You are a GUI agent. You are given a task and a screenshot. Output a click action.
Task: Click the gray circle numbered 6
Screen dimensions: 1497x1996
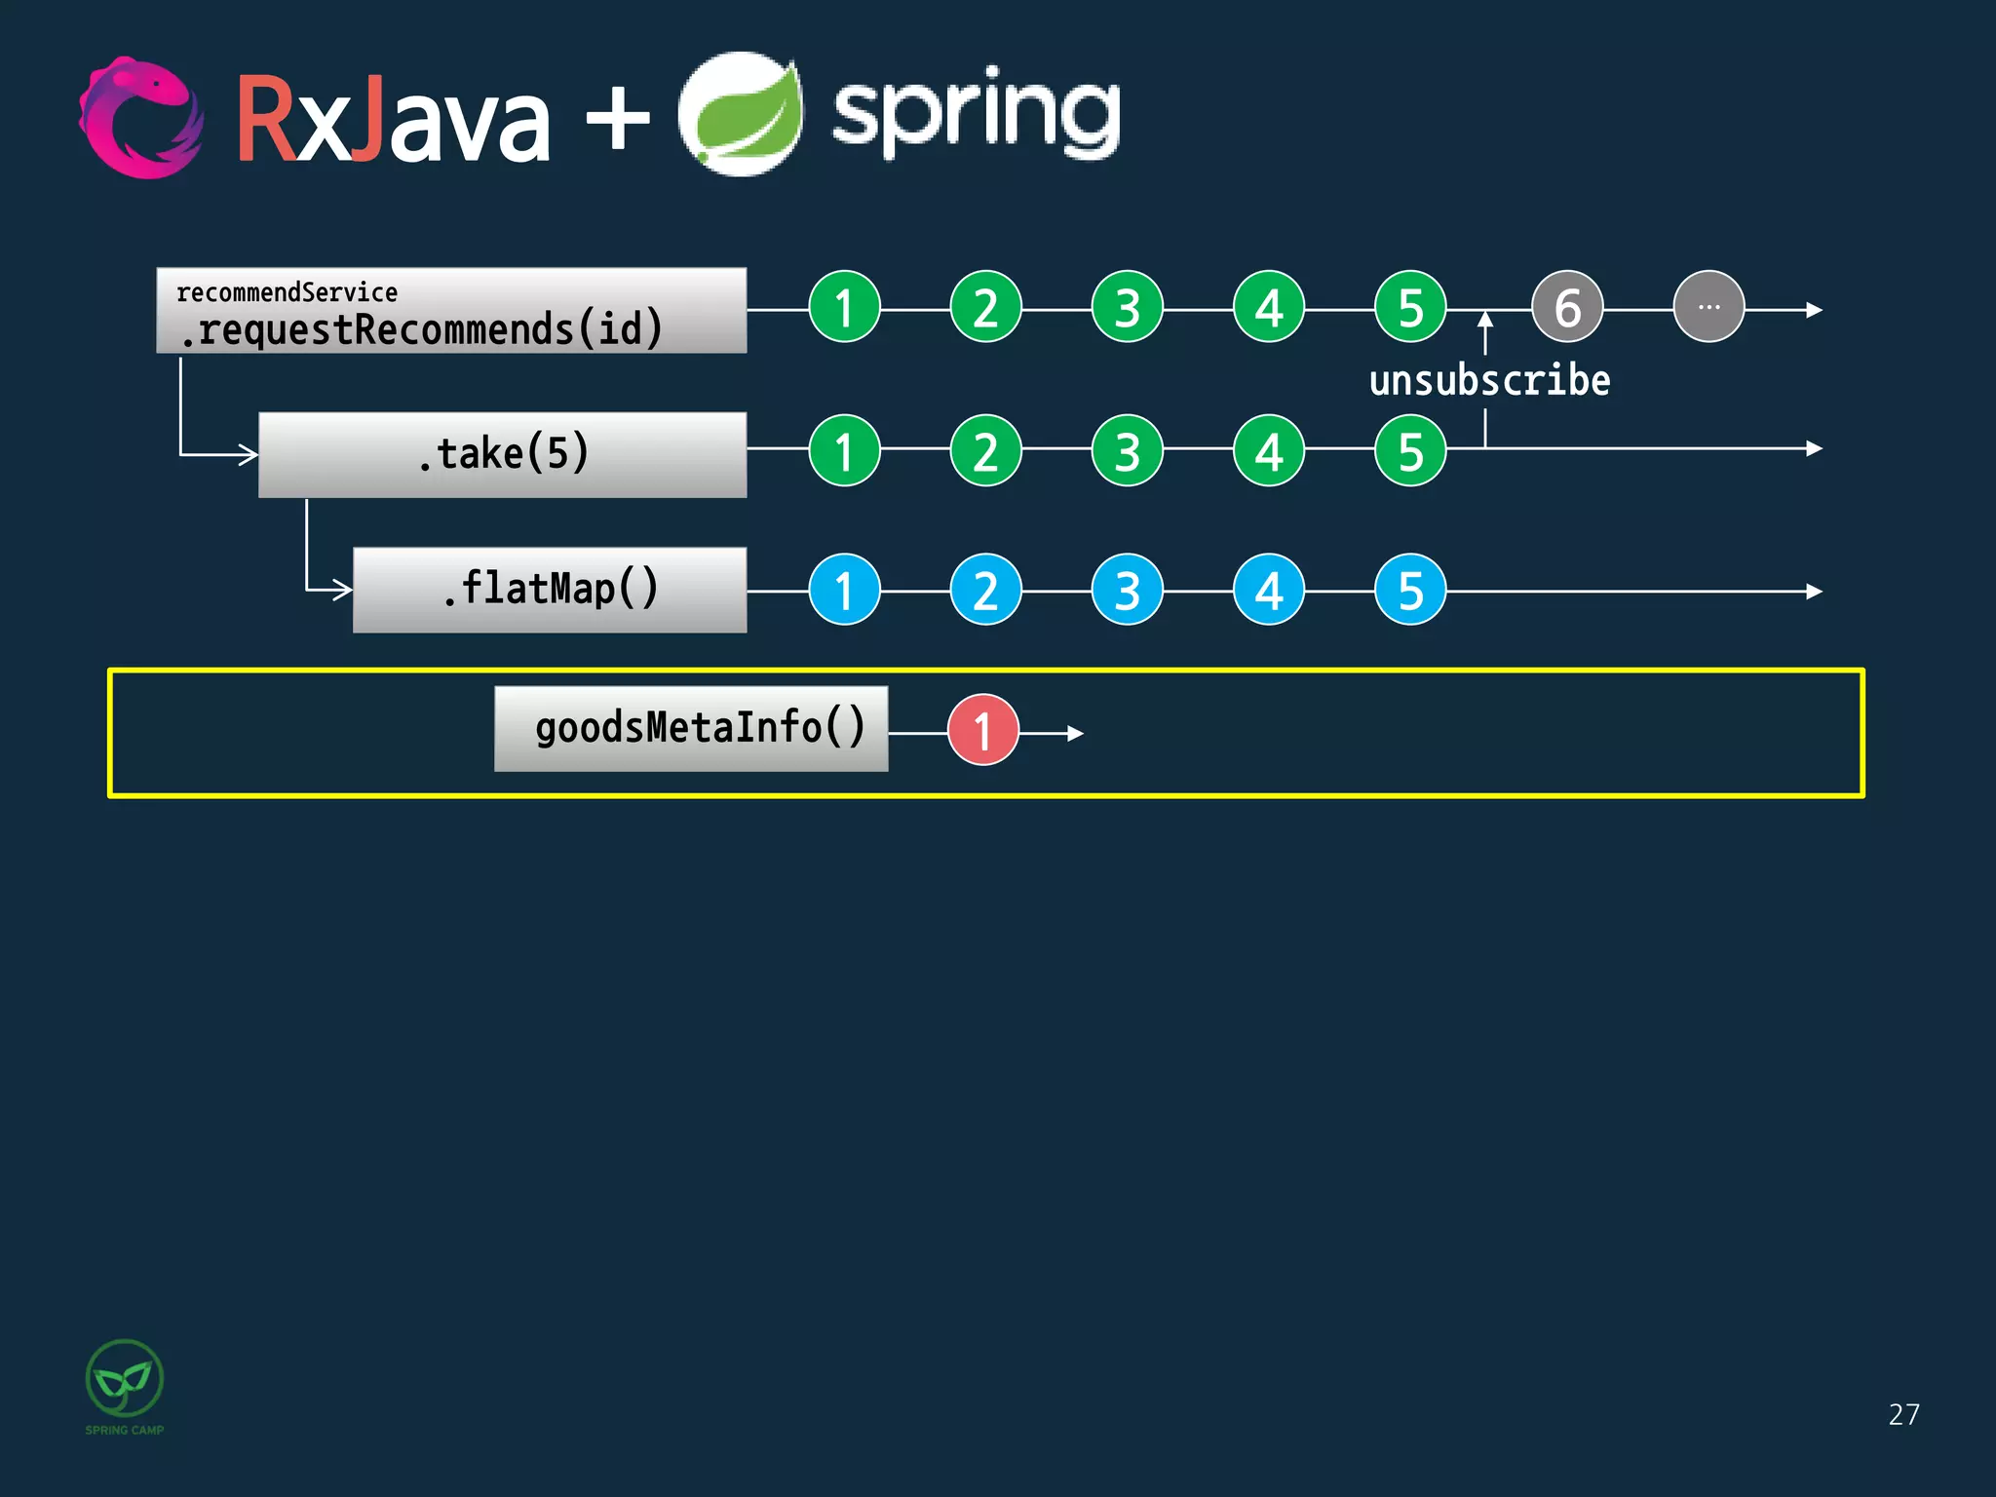[x=1566, y=307]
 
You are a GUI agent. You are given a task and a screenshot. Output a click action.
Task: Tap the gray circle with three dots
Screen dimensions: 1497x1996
[x=1708, y=307]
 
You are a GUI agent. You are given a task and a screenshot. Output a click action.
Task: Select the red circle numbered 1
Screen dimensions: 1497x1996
[x=982, y=730]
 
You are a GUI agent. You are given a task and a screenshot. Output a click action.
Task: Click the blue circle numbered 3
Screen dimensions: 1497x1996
[x=1127, y=590]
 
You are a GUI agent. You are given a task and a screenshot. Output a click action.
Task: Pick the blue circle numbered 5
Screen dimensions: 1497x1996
[x=1409, y=590]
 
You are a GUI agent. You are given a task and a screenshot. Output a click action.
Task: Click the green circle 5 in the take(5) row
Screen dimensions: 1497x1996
[x=1409, y=450]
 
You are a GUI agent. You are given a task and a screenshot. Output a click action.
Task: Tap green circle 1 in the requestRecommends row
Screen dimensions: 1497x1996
[x=844, y=307]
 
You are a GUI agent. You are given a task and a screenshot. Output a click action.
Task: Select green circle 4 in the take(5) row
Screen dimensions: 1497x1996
[x=1268, y=450]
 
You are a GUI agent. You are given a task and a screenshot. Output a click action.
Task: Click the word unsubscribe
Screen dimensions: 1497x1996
[x=1489, y=380]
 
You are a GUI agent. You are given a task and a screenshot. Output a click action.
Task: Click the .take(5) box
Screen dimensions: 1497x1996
[x=502, y=454]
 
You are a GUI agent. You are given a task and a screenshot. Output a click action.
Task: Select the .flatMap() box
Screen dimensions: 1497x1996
[x=550, y=590]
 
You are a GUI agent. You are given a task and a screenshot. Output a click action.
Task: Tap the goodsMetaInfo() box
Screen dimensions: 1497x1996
[x=691, y=728]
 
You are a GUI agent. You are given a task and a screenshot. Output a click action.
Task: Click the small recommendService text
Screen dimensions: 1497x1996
[x=287, y=292]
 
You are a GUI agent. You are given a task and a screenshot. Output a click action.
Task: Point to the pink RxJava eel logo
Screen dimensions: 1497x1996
[x=141, y=118]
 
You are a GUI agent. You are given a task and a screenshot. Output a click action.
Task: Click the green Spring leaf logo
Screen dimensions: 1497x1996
[x=741, y=115]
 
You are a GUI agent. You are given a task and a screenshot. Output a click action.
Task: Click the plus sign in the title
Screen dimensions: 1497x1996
[x=617, y=119]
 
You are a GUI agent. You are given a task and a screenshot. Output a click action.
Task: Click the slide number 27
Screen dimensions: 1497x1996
[x=1903, y=1414]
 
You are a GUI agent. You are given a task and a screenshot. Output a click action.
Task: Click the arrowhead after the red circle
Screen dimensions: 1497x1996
[x=1074, y=733]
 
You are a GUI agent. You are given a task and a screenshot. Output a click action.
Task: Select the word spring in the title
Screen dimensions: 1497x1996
[x=976, y=115]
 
